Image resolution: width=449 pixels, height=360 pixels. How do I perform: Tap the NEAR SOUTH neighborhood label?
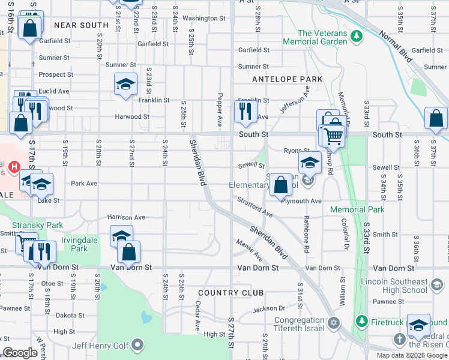(81, 25)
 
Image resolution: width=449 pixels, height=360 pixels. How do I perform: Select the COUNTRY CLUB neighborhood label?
(231, 293)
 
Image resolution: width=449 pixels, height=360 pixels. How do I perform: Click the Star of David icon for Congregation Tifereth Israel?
(333, 323)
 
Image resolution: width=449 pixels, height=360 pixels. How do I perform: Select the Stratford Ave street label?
(255, 206)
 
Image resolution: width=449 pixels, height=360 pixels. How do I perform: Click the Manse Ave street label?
(250, 250)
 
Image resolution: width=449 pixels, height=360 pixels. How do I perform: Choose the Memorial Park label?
(357, 210)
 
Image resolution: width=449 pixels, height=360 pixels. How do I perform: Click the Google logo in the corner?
(20, 353)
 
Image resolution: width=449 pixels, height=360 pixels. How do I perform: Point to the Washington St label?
(203, 19)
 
